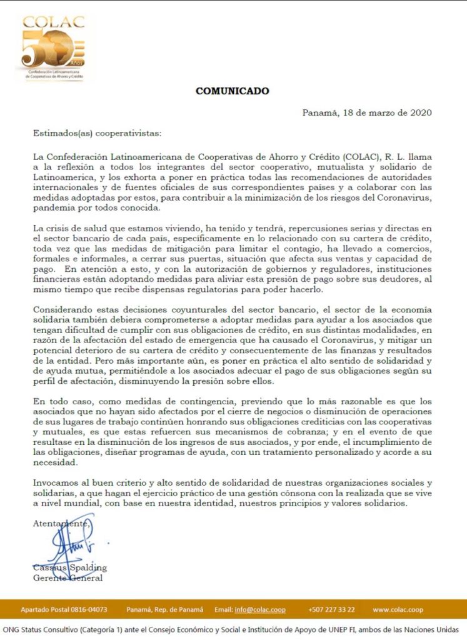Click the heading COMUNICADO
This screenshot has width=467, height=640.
(x=232, y=91)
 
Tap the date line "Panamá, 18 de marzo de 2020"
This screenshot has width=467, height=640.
(x=367, y=113)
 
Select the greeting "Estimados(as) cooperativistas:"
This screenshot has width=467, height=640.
(x=97, y=133)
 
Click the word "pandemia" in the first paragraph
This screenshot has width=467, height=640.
(x=53, y=207)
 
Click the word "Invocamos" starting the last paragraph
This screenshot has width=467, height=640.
(x=55, y=482)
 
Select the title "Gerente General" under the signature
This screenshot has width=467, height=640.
(x=68, y=578)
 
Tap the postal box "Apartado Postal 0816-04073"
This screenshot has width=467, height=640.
(x=64, y=609)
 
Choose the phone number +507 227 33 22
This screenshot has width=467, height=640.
(x=331, y=609)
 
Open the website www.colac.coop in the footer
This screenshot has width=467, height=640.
(x=398, y=609)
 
